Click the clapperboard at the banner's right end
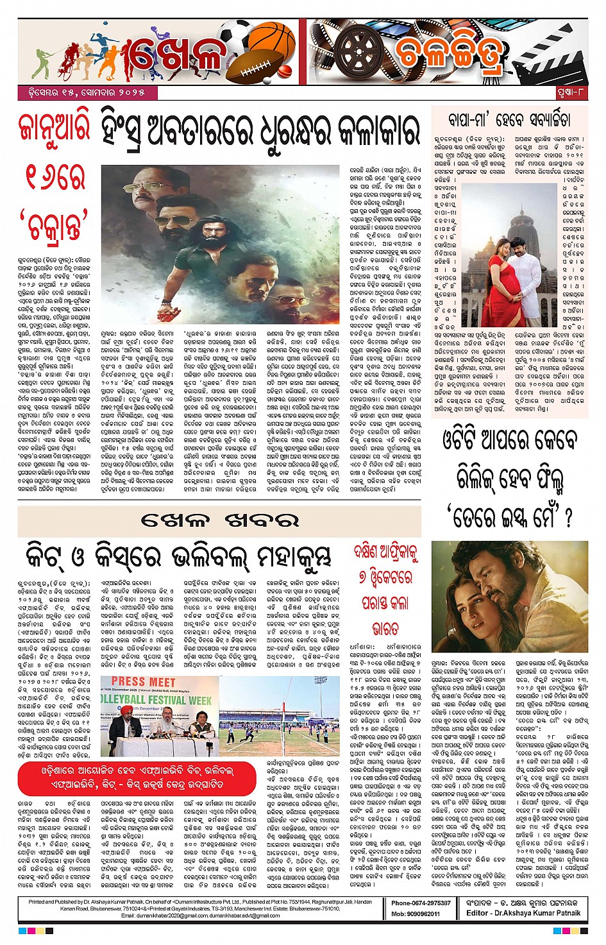tap(553, 53)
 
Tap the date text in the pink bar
tap(81, 92)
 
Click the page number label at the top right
tap(571, 93)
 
